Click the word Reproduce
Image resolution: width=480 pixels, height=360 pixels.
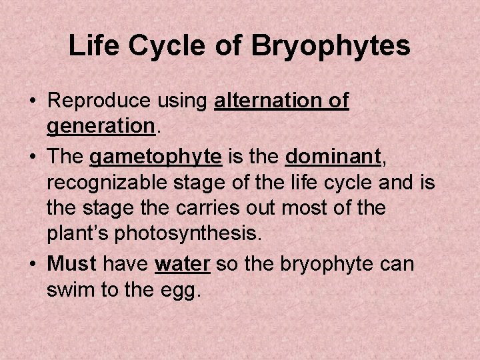[100, 101]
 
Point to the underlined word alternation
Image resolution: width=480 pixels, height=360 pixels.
[270, 101]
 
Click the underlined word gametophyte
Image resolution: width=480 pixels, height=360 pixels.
[155, 157]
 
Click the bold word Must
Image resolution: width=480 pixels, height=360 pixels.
[72, 263]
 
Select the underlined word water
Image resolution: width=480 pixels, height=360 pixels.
[183, 263]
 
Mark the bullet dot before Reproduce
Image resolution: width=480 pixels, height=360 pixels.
[32, 102]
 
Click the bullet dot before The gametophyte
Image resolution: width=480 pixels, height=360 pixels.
[32, 157]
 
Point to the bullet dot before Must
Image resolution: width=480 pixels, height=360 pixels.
[32, 264]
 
